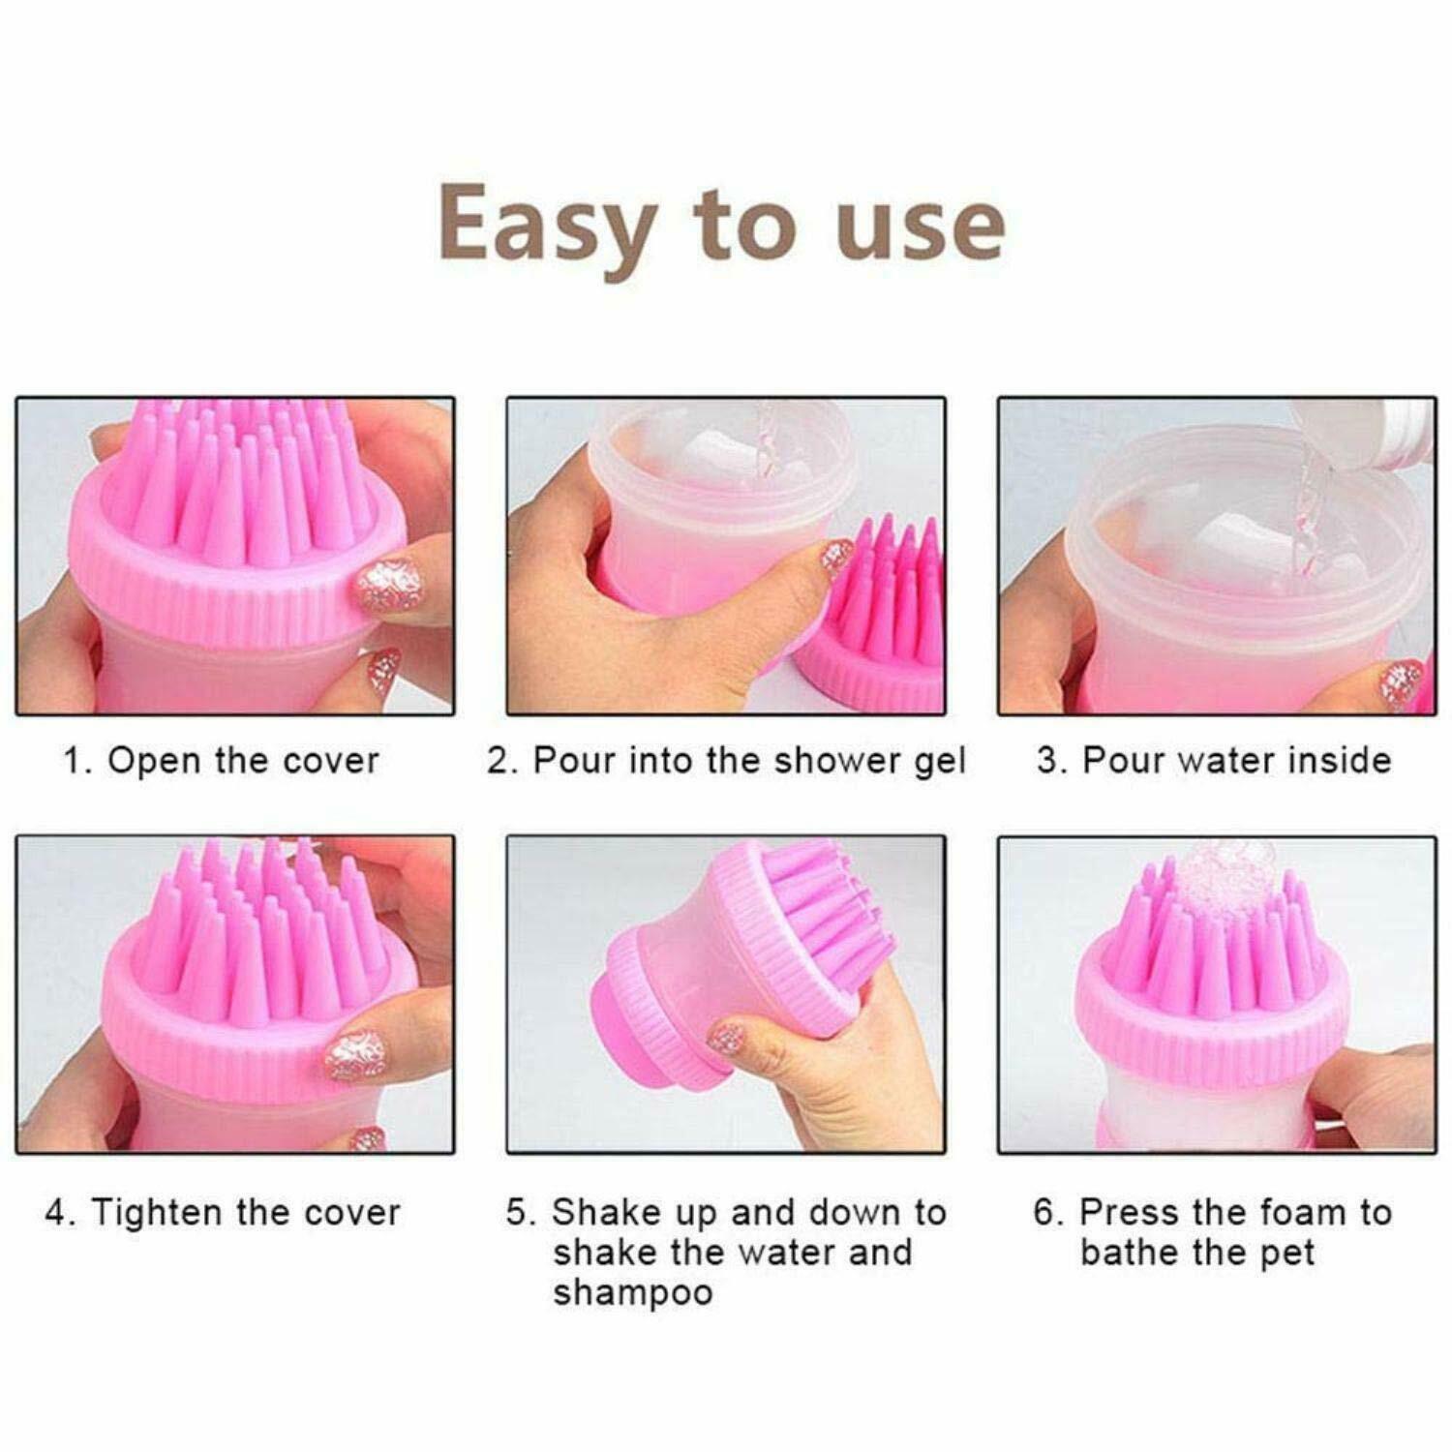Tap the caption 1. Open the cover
tap(221, 760)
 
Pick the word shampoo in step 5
tap(632, 1293)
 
